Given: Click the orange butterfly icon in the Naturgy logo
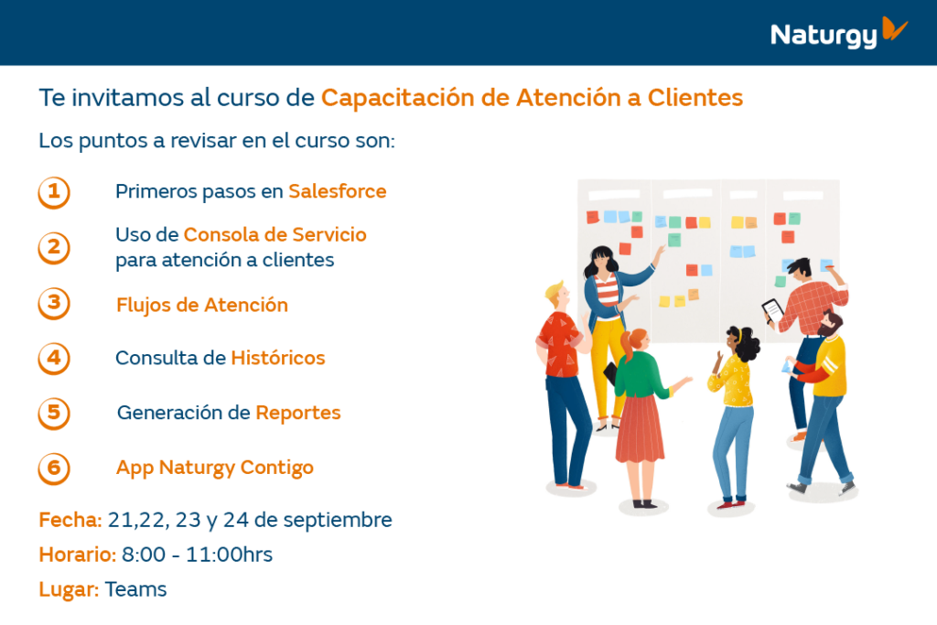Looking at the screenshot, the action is (894, 28).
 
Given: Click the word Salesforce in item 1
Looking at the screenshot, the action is (337, 191).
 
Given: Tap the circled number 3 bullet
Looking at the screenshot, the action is (54, 304).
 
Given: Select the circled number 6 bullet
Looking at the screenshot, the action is (54, 469).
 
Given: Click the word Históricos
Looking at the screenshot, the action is (278, 358).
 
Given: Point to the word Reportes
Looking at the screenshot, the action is (298, 413).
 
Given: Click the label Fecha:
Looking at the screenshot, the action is (70, 520).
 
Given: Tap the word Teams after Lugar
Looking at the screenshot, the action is (135, 589).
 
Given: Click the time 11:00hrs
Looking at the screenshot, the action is (229, 555).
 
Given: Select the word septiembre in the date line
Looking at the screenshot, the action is (338, 521).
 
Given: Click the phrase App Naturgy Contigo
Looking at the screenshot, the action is (214, 468).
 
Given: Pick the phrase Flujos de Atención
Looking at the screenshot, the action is (202, 305).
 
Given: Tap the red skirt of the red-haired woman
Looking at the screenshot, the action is (640, 428).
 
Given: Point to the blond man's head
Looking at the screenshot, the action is (557, 296).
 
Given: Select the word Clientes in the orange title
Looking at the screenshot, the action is (695, 97).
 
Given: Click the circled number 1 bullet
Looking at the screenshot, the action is (54, 192).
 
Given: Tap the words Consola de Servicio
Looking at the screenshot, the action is (275, 235).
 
